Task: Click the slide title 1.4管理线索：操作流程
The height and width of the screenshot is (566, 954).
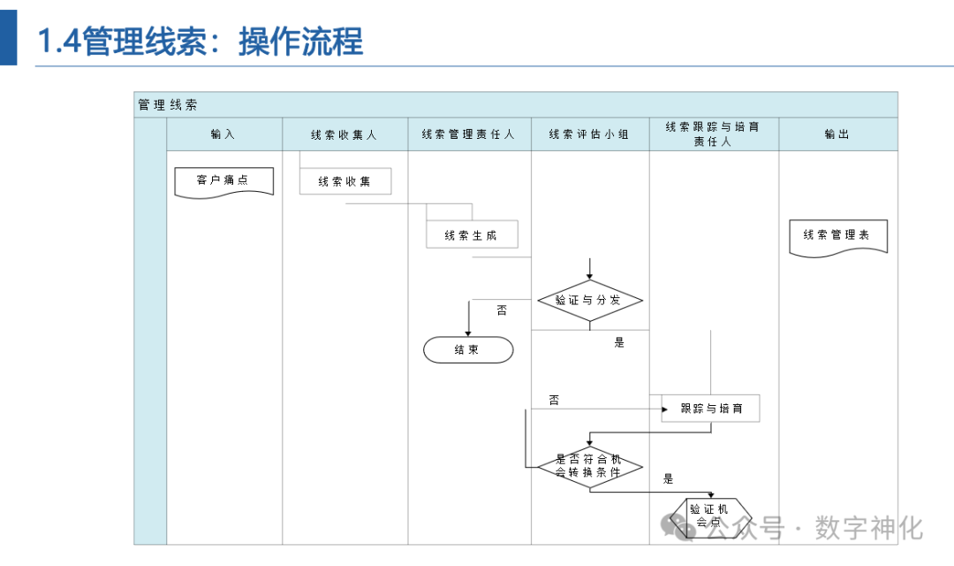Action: (x=200, y=42)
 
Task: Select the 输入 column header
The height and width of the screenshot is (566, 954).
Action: (x=223, y=134)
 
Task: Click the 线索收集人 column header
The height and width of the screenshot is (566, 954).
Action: (x=344, y=135)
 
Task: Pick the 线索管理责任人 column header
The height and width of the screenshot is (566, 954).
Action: (x=468, y=134)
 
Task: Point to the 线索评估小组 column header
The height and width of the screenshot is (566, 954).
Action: (x=589, y=134)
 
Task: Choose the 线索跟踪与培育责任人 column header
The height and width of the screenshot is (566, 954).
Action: (x=713, y=134)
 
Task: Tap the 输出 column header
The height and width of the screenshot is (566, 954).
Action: (x=837, y=134)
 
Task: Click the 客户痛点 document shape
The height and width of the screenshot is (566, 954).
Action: (x=223, y=181)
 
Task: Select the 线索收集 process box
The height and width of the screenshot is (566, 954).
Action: (x=344, y=181)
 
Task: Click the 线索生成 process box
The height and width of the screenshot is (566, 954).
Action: (x=471, y=235)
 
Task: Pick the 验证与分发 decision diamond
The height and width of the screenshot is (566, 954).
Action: (x=589, y=301)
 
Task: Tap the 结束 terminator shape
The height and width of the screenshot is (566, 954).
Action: (x=467, y=350)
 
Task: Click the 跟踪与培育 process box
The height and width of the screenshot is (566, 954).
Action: (x=711, y=409)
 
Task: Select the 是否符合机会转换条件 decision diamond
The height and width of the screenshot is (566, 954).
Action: (x=589, y=465)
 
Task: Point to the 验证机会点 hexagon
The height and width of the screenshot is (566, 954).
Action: (x=709, y=515)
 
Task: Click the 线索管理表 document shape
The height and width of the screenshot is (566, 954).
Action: (x=837, y=236)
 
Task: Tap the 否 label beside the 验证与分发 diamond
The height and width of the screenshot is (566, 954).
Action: (x=502, y=310)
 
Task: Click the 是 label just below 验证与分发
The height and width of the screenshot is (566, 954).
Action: (x=619, y=342)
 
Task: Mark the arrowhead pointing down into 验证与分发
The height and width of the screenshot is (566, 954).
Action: (x=589, y=276)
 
